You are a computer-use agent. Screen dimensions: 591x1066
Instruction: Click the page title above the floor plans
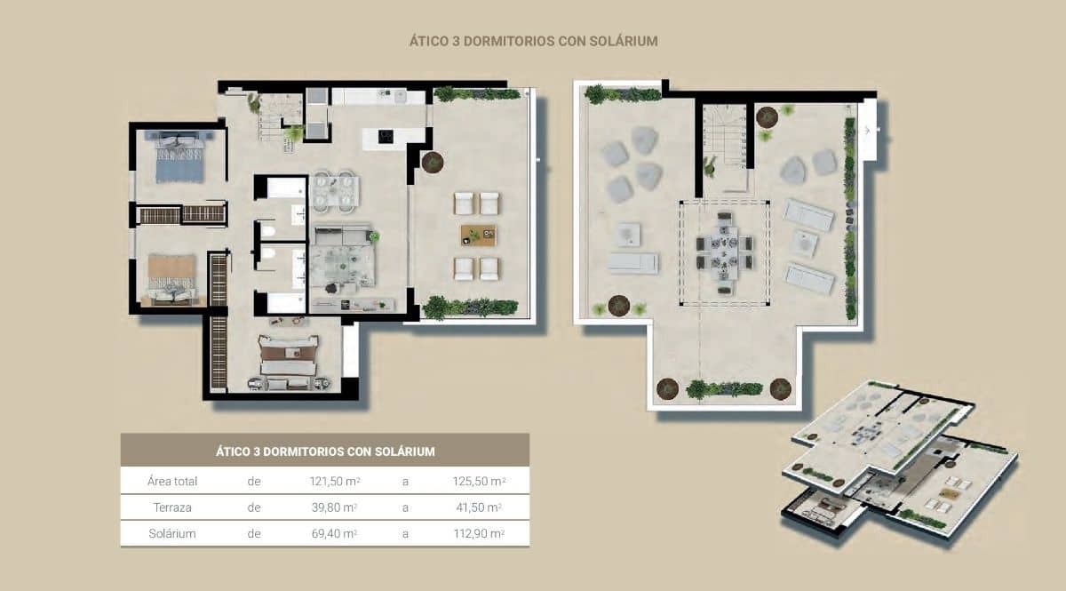click(533, 41)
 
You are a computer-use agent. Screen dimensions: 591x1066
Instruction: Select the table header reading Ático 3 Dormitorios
click(325, 451)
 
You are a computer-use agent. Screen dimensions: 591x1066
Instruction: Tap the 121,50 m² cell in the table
click(327, 482)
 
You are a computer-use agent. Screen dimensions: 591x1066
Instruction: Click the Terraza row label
click(173, 507)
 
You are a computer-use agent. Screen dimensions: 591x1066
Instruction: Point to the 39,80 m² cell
click(327, 507)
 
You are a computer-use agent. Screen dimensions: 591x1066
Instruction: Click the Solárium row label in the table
click(172, 533)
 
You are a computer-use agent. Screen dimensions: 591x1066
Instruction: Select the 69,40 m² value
click(327, 533)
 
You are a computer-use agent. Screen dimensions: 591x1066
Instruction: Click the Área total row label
click(172, 482)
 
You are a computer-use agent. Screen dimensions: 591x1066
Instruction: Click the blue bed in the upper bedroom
click(180, 159)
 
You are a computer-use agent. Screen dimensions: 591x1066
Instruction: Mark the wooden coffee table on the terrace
click(478, 236)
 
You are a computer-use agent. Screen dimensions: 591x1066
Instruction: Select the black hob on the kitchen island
click(386, 136)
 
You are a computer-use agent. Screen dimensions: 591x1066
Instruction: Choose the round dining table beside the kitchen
click(335, 189)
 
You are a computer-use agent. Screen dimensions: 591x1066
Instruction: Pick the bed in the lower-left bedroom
click(171, 276)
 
